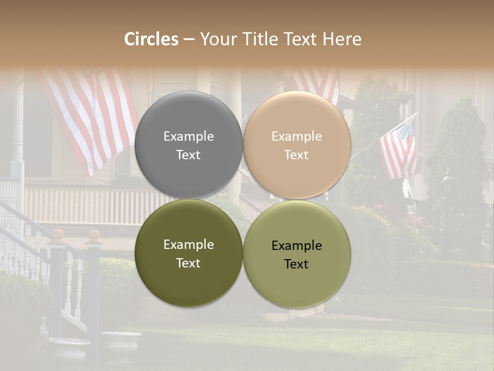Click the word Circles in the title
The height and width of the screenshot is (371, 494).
(151, 39)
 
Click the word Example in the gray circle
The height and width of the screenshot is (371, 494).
(188, 137)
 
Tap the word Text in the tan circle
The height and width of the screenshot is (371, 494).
(296, 155)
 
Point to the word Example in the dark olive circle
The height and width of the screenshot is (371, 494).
(188, 245)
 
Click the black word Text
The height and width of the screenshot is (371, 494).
(296, 264)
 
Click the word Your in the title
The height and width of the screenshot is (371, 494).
(215, 39)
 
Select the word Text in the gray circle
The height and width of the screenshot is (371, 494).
(188, 155)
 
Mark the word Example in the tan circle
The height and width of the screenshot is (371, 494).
(296, 137)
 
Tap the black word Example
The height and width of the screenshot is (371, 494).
(296, 246)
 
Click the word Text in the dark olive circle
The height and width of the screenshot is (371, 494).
(188, 263)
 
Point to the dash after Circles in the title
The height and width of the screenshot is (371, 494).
(189, 40)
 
